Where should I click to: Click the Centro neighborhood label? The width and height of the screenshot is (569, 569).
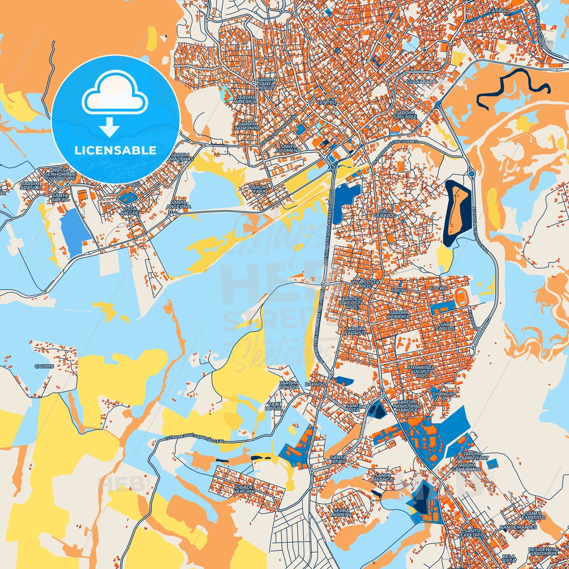(x=326, y=102)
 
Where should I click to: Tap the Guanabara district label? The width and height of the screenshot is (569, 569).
(x=421, y=82)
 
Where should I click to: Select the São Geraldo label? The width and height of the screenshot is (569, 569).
(x=385, y=213)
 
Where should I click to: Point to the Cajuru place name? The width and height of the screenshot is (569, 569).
(x=44, y=366)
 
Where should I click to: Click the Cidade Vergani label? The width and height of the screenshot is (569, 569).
(x=244, y=489)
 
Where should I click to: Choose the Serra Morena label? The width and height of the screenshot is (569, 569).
(x=341, y=512)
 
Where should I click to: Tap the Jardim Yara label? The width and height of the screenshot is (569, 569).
(x=259, y=189)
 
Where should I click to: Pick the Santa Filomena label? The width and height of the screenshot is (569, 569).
(x=288, y=148)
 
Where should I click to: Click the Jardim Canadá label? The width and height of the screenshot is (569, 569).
(x=289, y=385)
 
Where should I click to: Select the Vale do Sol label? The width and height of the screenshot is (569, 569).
(x=274, y=406)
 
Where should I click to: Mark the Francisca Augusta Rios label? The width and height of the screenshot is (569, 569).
(x=422, y=371)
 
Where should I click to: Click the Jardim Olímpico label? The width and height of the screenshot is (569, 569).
(x=398, y=314)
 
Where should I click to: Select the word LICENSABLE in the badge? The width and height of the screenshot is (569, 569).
(x=115, y=150)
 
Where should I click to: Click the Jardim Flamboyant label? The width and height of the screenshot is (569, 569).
(x=472, y=456)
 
